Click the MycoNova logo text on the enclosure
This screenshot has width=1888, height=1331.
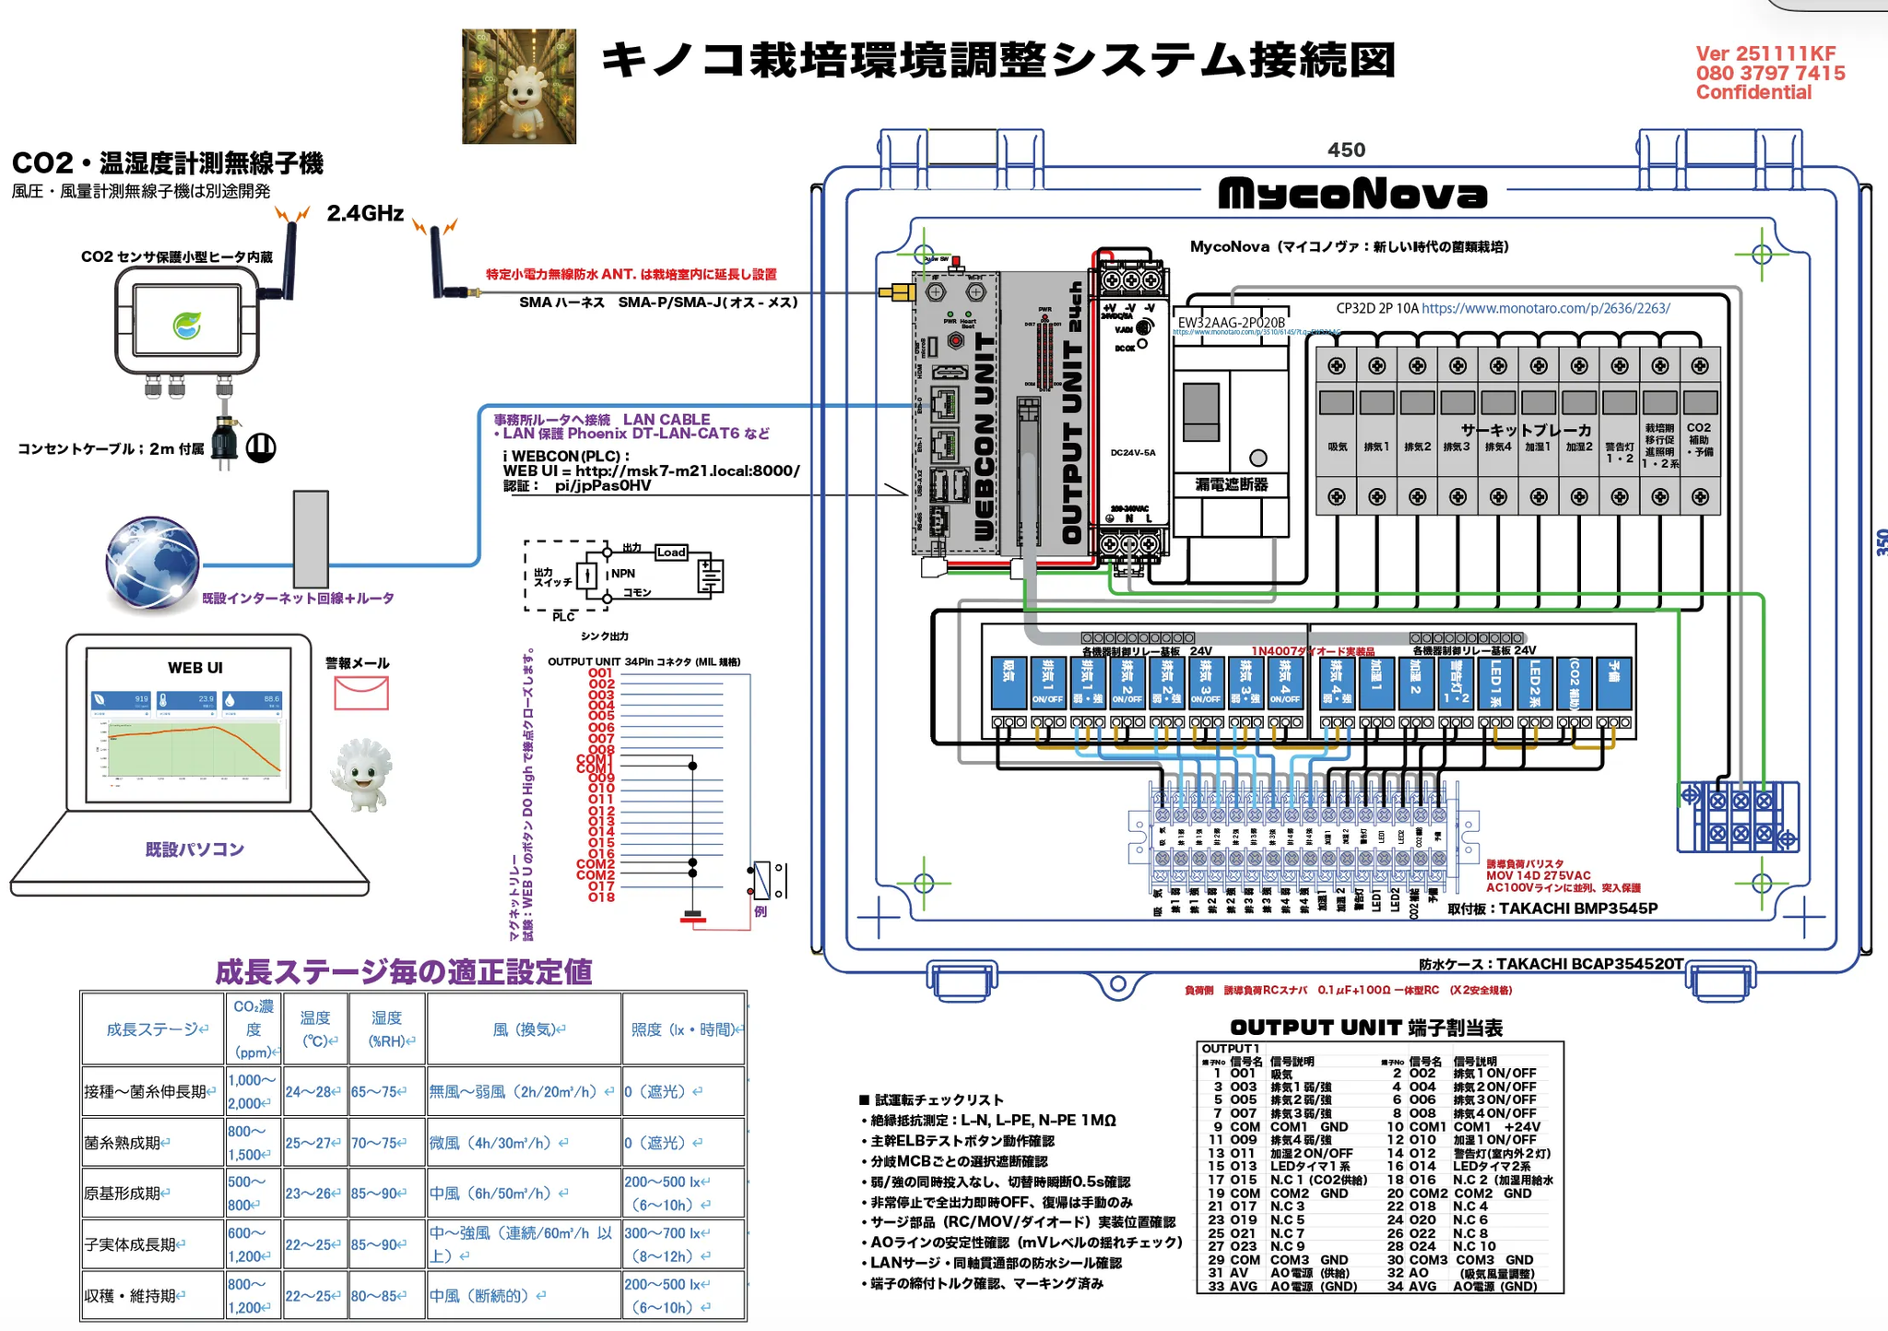[1352, 194]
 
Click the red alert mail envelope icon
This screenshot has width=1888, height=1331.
[361, 693]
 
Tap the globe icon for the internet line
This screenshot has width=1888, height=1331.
[152, 564]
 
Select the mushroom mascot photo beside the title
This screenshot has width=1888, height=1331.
[519, 87]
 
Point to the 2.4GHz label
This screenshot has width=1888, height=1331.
[365, 214]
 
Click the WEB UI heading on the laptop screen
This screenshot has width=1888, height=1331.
[195, 668]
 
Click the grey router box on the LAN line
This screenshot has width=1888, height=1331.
[312, 539]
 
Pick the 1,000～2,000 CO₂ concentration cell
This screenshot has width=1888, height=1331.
[252, 1091]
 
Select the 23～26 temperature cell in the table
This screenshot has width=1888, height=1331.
[313, 1193]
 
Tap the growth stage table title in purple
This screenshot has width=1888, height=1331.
[403, 972]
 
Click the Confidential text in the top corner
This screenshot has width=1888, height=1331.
[1753, 92]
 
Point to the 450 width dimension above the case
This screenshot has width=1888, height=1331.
[1346, 150]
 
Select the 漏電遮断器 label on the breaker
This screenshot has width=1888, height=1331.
[1231, 484]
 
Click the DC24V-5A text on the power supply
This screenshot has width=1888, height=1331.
[1132, 453]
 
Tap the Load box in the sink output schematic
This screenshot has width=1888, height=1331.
[671, 552]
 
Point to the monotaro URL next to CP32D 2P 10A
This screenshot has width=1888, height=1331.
[1545, 308]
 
